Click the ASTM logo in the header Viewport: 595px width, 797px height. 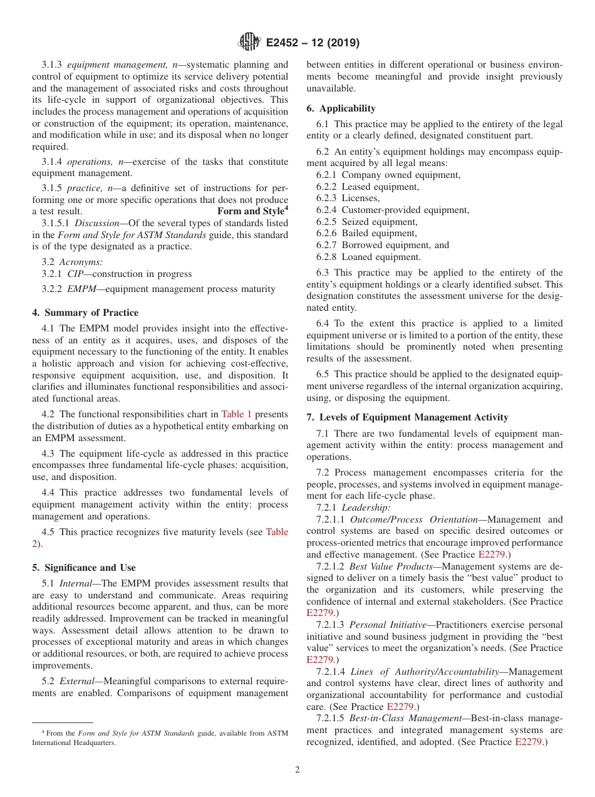click(x=249, y=43)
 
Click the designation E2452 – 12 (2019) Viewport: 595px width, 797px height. click(x=313, y=43)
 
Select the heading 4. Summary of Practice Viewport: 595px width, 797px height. click(x=85, y=313)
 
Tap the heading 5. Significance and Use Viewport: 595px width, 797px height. click(x=84, y=568)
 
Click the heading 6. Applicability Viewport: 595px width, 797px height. click(x=341, y=108)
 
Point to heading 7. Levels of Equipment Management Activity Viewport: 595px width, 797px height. click(x=407, y=417)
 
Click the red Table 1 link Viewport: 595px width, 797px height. click(x=237, y=414)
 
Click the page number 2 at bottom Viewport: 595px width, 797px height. click(x=297, y=770)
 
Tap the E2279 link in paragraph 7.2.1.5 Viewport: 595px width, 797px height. click(x=528, y=742)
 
